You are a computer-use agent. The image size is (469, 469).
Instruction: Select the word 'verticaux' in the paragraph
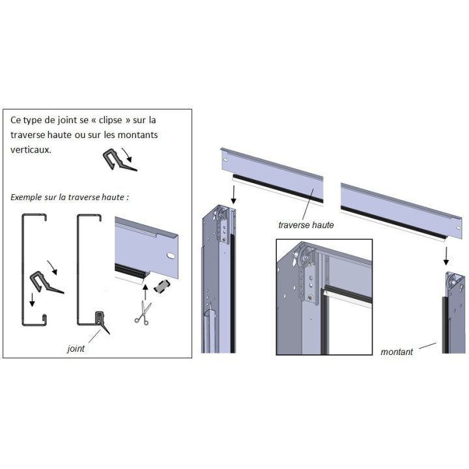(x=31, y=149)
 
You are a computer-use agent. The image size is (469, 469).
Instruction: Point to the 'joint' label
(x=76, y=348)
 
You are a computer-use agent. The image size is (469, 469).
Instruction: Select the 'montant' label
(x=397, y=352)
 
